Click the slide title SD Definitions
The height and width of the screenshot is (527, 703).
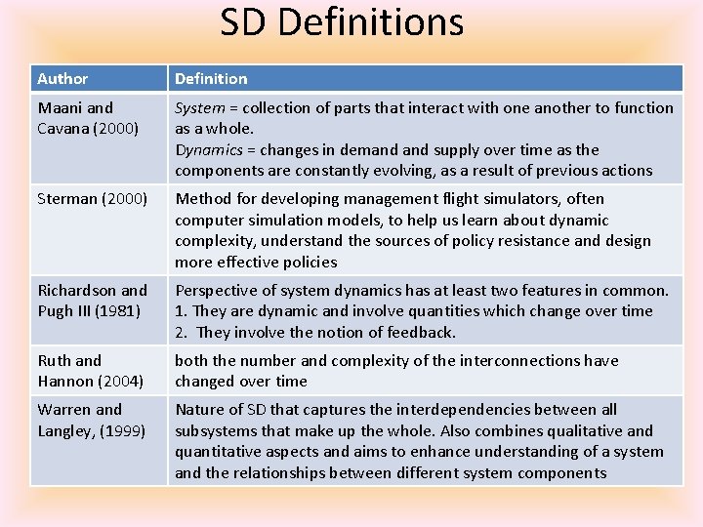click(x=341, y=22)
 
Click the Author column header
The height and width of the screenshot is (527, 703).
click(x=62, y=78)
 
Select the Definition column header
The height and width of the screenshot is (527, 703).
click(x=211, y=78)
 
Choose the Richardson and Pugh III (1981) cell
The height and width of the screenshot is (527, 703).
click(x=92, y=301)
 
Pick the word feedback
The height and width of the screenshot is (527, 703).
click(x=421, y=332)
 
